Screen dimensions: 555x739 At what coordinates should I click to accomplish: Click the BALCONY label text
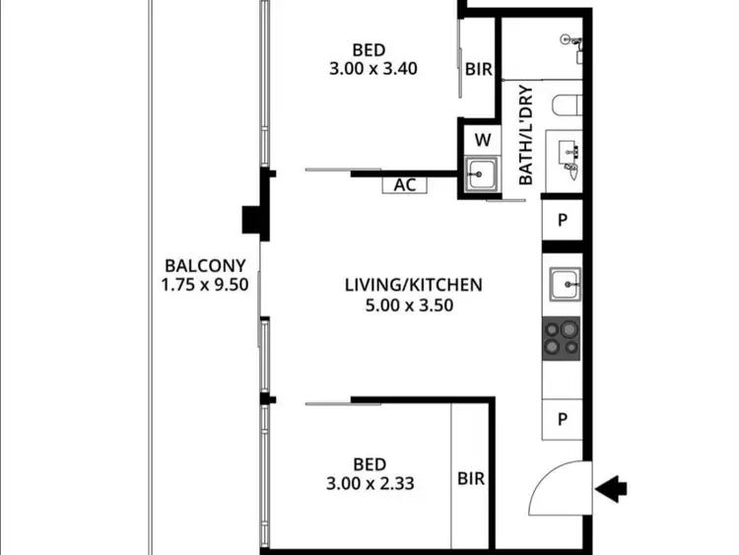(x=198, y=265)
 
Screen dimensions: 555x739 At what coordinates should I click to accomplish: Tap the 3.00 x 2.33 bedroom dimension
(x=369, y=484)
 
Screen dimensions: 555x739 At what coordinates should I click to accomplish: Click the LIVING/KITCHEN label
(x=413, y=285)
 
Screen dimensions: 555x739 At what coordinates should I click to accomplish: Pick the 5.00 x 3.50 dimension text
(x=413, y=306)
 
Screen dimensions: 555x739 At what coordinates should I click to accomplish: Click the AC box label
(x=404, y=184)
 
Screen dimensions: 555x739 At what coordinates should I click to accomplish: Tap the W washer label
(x=482, y=139)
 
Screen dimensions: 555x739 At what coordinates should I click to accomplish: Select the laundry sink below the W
(x=481, y=174)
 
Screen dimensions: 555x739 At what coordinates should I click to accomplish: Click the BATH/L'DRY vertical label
(x=525, y=136)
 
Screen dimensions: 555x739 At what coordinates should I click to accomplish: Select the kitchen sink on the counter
(x=567, y=285)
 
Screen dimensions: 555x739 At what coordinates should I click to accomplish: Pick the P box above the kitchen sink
(x=563, y=220)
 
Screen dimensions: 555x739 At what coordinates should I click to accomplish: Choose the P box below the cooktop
(x=563, y=418)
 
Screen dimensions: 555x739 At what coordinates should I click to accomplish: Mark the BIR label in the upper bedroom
(x=478, y=70)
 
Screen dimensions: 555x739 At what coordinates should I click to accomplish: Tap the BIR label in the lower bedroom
(x=471, y=479)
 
